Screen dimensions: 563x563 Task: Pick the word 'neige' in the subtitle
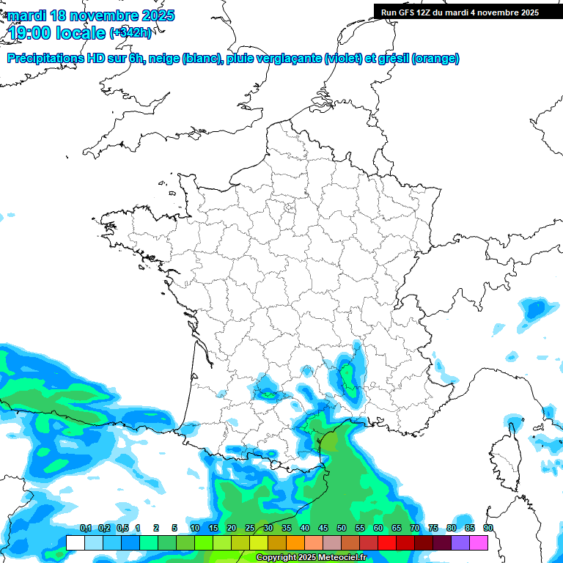(163, 59)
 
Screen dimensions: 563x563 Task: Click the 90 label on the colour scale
(488, 528)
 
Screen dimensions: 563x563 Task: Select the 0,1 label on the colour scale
(86, 528)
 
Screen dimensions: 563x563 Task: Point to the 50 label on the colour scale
(342, 528)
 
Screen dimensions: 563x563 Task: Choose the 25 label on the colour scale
(250, 528)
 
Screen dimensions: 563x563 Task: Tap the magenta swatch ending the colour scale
(479, 542)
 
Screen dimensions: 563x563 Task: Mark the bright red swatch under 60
(387, 542)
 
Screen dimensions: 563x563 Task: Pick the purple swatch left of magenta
(460, 542)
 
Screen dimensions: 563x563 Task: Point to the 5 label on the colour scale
(174, 528)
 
